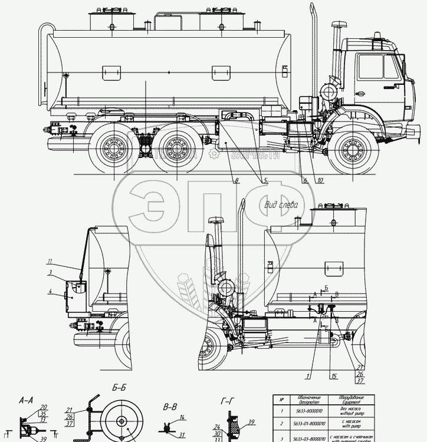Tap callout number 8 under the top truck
[236, 180]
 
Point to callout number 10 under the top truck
[320, 180]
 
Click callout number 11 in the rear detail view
[51, 261]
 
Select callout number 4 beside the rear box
[51, 291]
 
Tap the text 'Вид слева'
[281, 205]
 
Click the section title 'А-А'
[25, 400]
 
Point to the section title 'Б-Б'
[119, 388]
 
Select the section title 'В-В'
[170, 406]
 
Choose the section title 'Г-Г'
[229, 401]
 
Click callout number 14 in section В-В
[183, 417]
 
